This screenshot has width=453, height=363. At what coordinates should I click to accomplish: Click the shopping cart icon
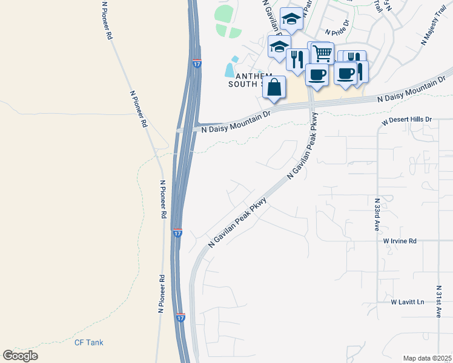(322, 53)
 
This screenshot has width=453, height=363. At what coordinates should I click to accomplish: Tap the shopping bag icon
(274, 87)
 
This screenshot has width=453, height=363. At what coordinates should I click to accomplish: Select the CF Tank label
(89, 342)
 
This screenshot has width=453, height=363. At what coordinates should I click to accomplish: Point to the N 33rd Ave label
(377, 214)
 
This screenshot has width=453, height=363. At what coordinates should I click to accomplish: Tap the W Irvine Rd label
(400, 241)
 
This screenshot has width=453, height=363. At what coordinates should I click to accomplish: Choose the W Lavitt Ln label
(407, 301)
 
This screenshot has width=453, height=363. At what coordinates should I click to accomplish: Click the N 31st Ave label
(439, 301)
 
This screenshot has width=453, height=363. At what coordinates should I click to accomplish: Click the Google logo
(20, 356)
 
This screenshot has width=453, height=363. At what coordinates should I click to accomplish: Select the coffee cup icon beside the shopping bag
(317, 74)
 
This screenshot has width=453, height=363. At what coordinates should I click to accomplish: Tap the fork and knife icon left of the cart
(297, 59)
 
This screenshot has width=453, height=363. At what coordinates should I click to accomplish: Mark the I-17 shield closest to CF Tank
(180, 317)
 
